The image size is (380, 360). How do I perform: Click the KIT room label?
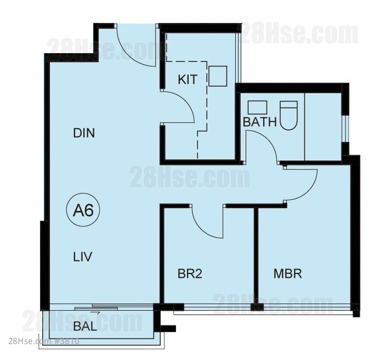point(188,79)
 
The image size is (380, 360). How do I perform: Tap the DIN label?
point(84,133)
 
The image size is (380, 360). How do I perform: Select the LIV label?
point(83,256)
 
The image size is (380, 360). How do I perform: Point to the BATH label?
point(259,122)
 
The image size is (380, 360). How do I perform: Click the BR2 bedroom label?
point(190,274)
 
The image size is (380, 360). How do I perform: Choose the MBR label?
point(288,273)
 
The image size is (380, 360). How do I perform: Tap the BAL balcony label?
point(85,327)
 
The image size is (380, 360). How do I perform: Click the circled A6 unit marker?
point(83,210)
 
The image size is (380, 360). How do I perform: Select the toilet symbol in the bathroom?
point(288,115)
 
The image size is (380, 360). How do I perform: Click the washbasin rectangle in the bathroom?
point(257,107)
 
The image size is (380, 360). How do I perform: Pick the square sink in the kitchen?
point(218,76)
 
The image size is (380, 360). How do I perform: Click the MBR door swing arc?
point(311,190)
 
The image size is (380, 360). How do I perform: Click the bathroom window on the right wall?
point(346,128)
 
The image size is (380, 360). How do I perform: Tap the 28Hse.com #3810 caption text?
point(44,341)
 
